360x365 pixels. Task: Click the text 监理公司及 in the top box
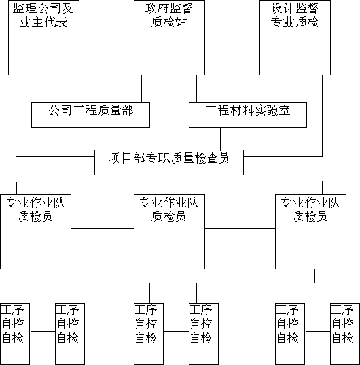[x=43, y=9]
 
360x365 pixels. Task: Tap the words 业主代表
[x=43, y=22]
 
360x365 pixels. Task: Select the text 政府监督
[x=169, y=9]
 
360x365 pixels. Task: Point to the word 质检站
[x=169, y=22]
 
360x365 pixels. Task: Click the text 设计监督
[x=295, y=9]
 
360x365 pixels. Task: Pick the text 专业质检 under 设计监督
[x=295, y=22]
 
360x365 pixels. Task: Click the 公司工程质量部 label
[x=90, y=111]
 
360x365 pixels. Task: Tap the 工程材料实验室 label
[x=248, y=111]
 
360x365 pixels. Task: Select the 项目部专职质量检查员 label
[x=169, y=158]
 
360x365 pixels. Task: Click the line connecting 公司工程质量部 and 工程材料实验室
[x=169, y=116]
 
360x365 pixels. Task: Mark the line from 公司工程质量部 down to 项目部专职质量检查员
[x=126, y=139]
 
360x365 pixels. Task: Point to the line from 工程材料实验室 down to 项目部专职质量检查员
[x=221, y=139]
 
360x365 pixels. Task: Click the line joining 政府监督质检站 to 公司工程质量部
[x=142, y=88]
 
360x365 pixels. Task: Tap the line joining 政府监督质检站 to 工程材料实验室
[x=197, y=88]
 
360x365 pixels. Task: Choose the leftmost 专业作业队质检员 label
[x=35, y=209]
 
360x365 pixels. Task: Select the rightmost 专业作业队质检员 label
[x=310, y=209]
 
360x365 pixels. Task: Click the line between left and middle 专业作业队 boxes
[x=103, y=228]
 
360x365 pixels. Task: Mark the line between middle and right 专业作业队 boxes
[x=240, y=228]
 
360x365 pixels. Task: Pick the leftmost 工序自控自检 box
[x=15, y=334]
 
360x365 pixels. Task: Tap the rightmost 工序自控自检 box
[x=345, y=334]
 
